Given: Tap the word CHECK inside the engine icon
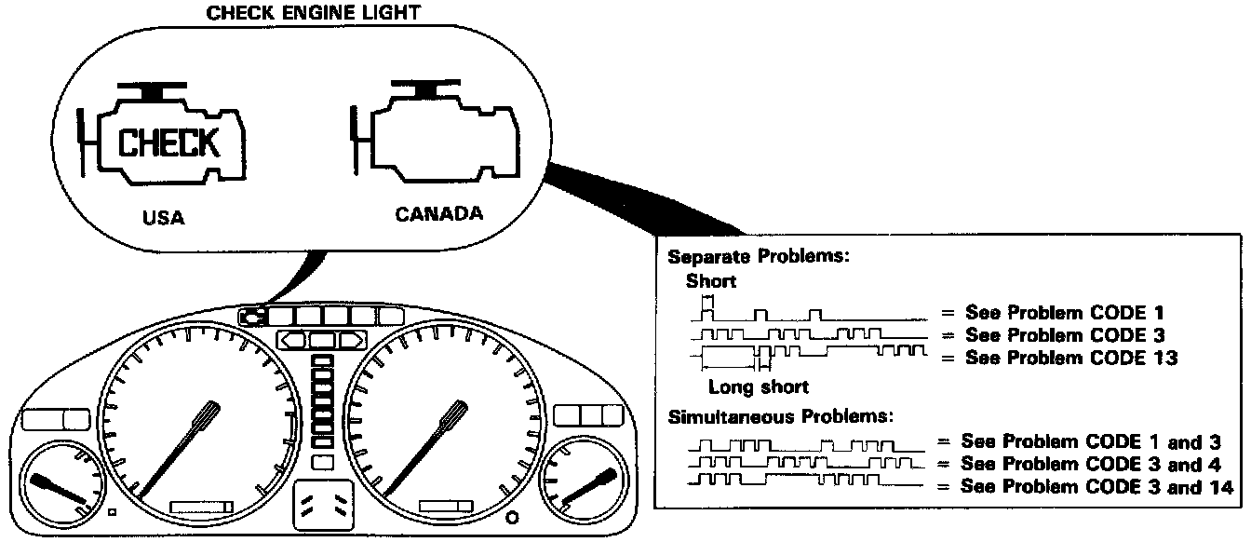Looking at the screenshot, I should [x=169, y=143].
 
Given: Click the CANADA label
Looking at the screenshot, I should [x=439, y=214].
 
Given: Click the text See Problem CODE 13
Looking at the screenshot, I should [x=1071, y=358].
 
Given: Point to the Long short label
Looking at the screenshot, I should [x=758, y=386].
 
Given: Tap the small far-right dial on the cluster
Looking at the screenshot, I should [x=585, y=481].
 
